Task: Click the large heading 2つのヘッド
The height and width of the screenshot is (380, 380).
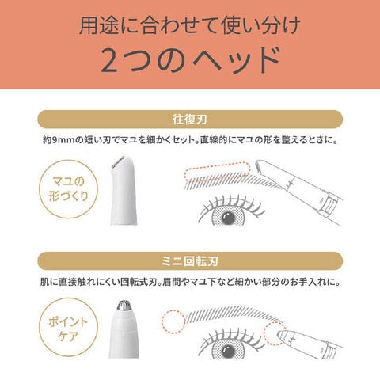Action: [190, 60]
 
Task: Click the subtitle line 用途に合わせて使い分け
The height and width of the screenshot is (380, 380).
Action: [190, 25]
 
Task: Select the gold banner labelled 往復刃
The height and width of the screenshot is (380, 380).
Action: [190, 120]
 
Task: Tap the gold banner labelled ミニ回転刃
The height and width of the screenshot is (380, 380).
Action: [190, 261]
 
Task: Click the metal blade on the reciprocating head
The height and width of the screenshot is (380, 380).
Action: [118, 162]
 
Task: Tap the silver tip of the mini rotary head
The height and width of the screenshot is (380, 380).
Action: [124, 305]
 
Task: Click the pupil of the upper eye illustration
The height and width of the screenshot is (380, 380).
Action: [229, 218]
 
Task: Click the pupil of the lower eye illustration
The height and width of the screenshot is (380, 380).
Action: [229, 351]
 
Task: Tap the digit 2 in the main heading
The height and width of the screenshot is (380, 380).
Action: [108, 61]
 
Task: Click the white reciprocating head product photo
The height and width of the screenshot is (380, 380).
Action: [123, 190]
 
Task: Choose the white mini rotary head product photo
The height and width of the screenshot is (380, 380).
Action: [124, 329]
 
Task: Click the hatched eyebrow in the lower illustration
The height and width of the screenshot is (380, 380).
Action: [232, 314]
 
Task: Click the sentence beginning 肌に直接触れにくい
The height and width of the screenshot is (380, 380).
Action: [190, 282]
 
